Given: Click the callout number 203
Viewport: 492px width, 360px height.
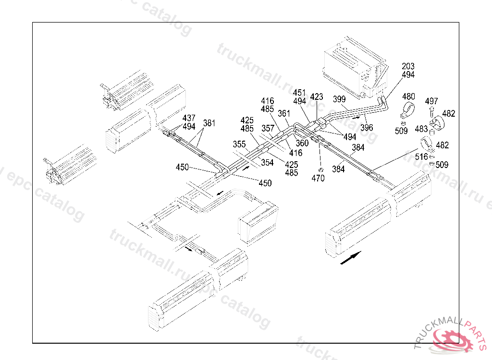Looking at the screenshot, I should (x=408, y=66).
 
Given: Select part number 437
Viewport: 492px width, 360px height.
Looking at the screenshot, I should (x=189, y=118).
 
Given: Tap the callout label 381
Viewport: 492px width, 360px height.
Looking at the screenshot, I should (x=209, y=122).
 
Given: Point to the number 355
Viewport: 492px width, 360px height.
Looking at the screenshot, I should (x=239, y=144).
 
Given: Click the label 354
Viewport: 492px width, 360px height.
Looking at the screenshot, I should (x=267, y=163).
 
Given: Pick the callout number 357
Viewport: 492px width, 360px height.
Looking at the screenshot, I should (x=268, y=129).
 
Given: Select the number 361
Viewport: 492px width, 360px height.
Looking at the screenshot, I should (x=284, y=113).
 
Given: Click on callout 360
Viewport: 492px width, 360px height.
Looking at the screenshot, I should (x=302, y=143).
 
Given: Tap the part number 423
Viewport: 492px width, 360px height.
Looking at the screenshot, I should (x=317, y=97).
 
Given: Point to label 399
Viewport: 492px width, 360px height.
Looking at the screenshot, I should (x=339, y=99).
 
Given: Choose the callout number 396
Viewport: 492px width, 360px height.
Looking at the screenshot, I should (x=367, y=128).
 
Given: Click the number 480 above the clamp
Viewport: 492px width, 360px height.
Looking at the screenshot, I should (x=408, y=97).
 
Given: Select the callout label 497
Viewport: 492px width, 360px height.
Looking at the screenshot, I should (x=431, y=101).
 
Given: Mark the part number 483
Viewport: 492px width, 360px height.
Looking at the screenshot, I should (x=421, y=129).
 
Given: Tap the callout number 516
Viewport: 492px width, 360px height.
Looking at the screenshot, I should (x=421, y=156).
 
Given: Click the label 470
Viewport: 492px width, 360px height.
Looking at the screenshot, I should (x=318, y=178).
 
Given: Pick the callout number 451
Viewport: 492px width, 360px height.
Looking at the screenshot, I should (x=299, y=93).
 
